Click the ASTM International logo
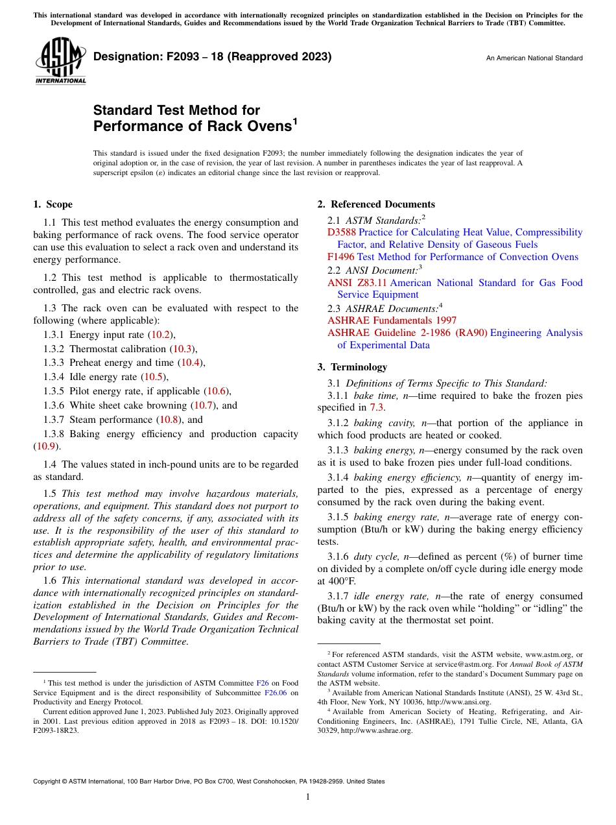(60, 61)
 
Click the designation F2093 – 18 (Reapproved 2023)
(212, 57)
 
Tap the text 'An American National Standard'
(534, 58)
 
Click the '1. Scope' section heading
(53, 204)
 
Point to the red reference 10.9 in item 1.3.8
(45, 447)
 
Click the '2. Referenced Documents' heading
(376, 204)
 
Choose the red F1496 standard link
(341, 257)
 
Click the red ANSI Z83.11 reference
(357, 283)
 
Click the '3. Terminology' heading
(352, 367)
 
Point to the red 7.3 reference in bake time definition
(377, 408)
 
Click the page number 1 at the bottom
(308, 796)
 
